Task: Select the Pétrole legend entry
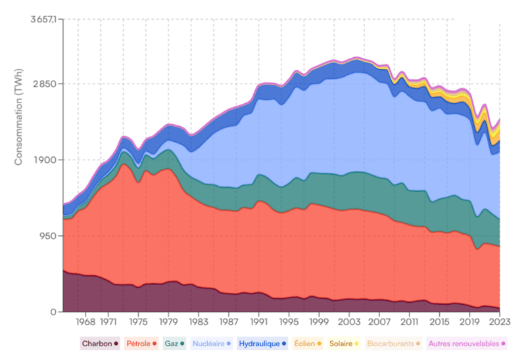tap(141, 344)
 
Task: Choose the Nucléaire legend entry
tap(211, 344)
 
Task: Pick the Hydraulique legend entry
tap(262, 344)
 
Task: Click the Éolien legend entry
tap(307, 344)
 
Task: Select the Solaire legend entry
tap(343, 344)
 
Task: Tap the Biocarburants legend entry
tap(393, 344)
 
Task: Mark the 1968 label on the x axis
tap(85, 323)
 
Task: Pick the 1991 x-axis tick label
tap(258, 323)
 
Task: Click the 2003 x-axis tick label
tap(349, 323)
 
